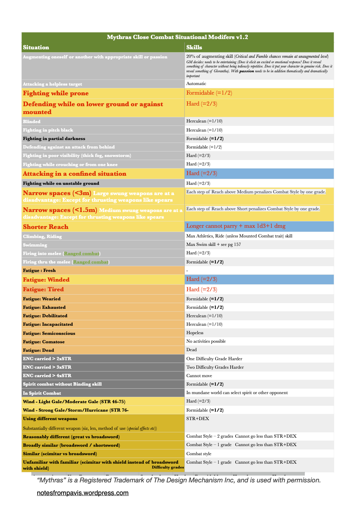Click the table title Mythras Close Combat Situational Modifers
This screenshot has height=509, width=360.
click(x=177, y=37)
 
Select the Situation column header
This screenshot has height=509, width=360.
click(x=36, y=47)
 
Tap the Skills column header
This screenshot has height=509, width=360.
click(x=194, y=47)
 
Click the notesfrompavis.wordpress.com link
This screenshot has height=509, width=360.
click(x=83, y=493)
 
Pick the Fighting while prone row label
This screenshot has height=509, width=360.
click(x=56, y=93)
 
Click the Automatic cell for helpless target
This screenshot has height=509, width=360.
click(x=196, y=84)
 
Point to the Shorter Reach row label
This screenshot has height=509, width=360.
click(x=46, y=227)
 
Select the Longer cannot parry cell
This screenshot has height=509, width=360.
click(x=236, y=226)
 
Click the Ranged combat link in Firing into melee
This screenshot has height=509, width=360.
click(x=82, y=253)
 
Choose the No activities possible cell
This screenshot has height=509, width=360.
click(x=206, y=341)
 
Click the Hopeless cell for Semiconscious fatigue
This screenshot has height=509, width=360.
click(x=195, y=333)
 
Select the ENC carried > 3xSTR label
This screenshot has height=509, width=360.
click(x=47, y=367)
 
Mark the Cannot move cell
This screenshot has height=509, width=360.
click(x=199, y=376)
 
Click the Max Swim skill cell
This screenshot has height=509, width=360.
click(x=213, y=244)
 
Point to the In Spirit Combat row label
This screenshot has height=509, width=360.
click(x=42, y=393)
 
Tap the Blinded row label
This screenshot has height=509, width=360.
click(x=32, y=122)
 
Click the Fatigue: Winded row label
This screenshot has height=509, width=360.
click(x=46, y=280)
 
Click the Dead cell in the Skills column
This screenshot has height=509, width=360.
click(x=191, y=350)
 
